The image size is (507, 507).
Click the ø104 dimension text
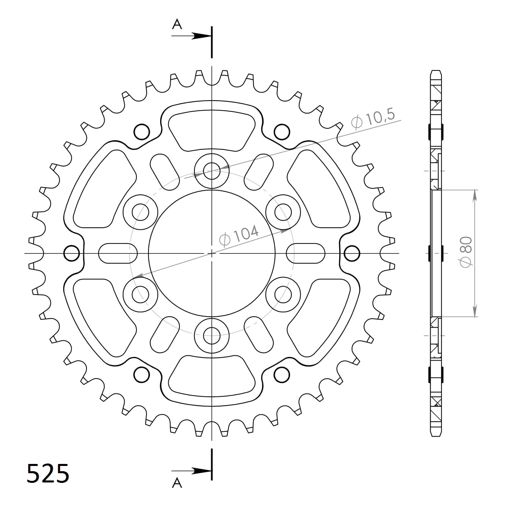[x=239, y=235]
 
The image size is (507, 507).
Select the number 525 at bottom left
[x=47, y=473]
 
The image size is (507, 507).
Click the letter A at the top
[x=177, y=25]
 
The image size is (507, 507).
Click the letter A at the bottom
[x=177, y=483]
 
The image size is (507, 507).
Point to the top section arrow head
[x=201, y=36]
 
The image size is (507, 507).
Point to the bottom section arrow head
[x=201, y=470]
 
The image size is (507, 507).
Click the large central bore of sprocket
[x=212, y=253]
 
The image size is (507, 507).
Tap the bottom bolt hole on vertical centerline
[x=212, y=335]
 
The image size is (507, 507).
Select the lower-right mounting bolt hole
[x=283, y=294]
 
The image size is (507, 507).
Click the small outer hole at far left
[x=72, y=253]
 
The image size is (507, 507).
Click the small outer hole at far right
[x=352, y=253]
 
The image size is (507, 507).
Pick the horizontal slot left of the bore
[x=118, y=253]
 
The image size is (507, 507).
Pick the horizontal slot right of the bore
[x=306, y=253]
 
